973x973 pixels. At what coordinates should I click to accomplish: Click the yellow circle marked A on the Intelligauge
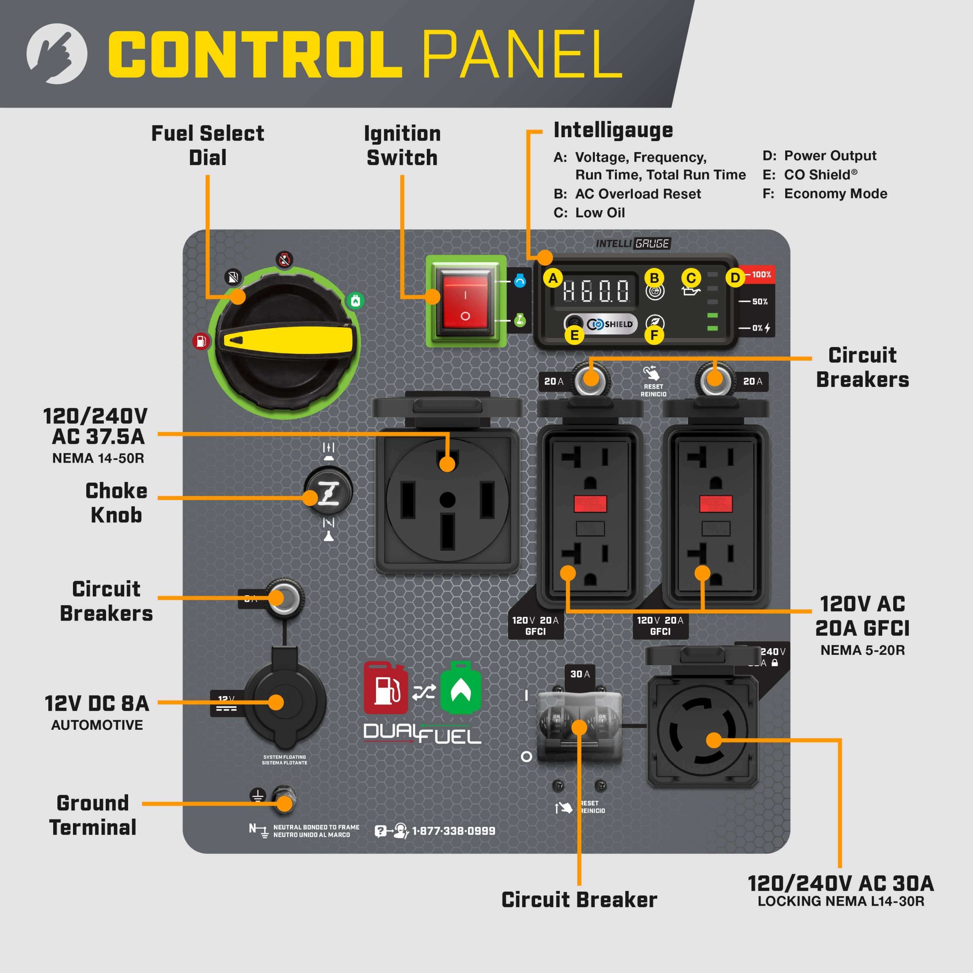[553, 278]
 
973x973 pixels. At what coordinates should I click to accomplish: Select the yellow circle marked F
[654, 335]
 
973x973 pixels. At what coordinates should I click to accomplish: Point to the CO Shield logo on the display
[610, 324]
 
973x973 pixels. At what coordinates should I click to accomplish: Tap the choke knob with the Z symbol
[328, 491]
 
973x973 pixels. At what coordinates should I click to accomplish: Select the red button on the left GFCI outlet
[590, 504]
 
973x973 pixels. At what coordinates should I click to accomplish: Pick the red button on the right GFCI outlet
[716, 504]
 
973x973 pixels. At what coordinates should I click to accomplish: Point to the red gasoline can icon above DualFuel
[385, 688]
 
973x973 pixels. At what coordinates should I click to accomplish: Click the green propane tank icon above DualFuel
[460, 688]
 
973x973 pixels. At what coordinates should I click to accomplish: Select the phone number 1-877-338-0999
[453, 831]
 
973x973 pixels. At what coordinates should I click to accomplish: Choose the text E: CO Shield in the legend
[810, 175]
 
